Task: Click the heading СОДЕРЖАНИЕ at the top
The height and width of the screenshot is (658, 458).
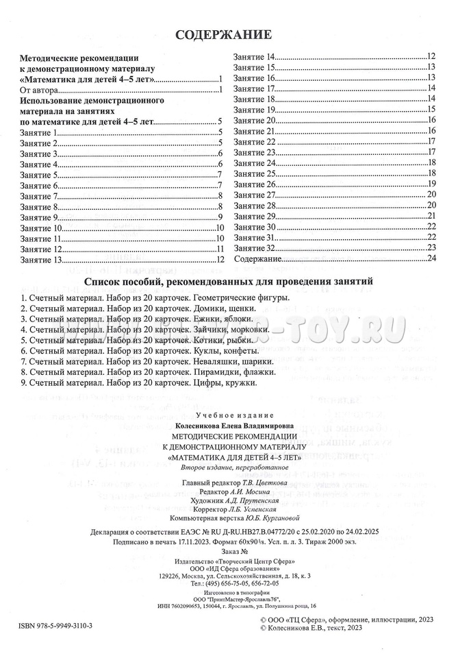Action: (224, 34)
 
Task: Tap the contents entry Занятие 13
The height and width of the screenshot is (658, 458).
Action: (41, 260)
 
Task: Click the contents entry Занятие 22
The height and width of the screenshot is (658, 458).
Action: (255, 141)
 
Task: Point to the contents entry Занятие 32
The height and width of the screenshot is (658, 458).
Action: (255, 248)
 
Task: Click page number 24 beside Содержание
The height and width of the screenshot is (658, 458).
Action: (431, 259)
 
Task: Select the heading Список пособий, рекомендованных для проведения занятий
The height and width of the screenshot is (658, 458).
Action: (228, 281)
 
